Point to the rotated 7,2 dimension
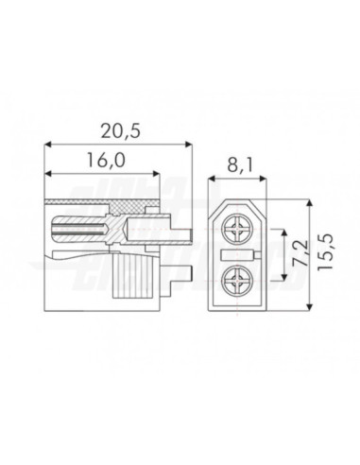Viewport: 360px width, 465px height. tap(301, 254)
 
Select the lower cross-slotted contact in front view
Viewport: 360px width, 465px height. tap(236, 280)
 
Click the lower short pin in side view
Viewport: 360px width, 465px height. tap(188, 277)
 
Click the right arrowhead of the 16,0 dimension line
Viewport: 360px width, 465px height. tap(158, 173)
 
